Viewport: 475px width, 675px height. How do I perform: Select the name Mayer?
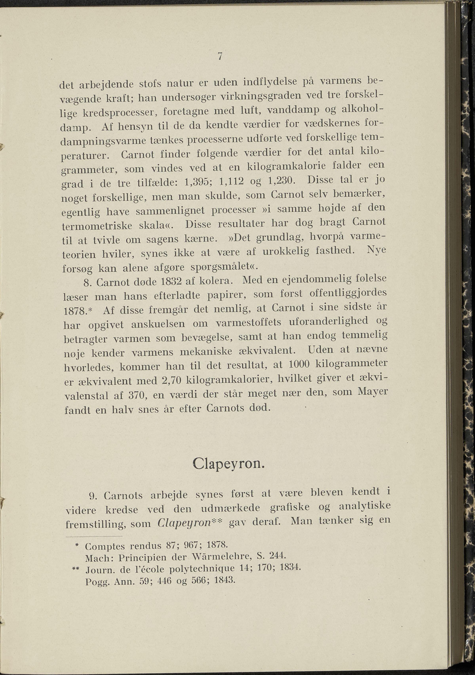[373, 392]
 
